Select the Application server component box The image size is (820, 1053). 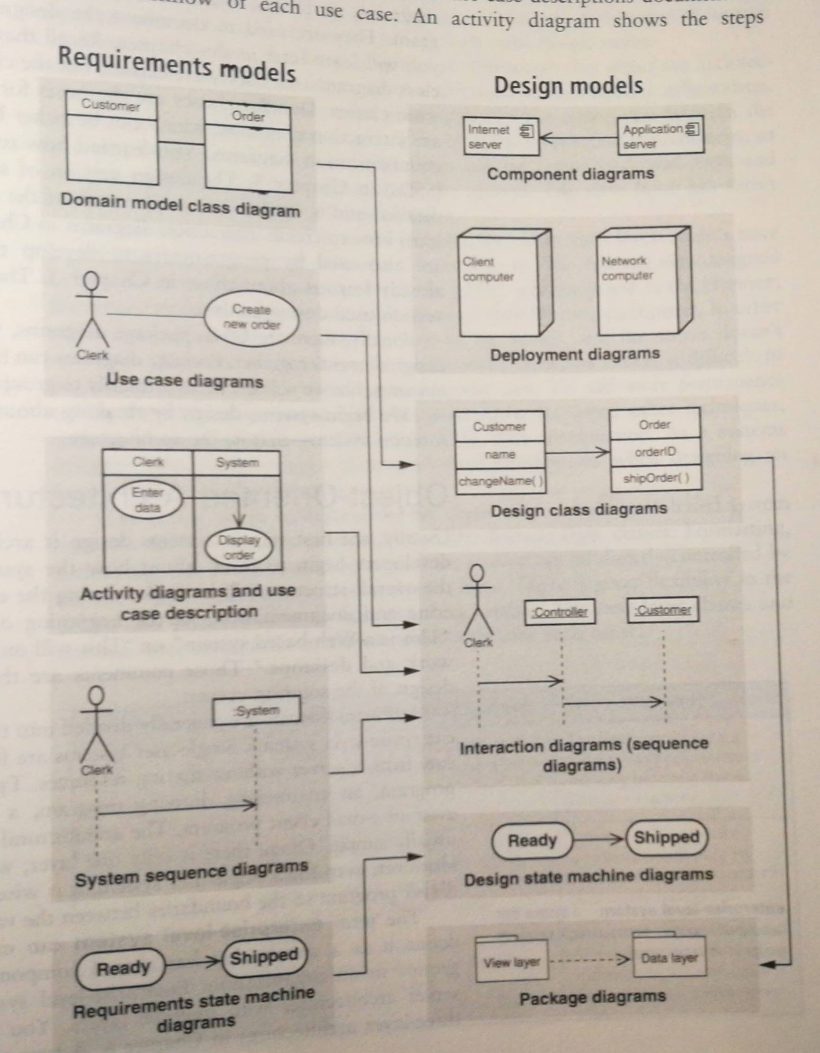[x=660, y=136]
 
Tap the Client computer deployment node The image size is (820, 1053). [x=500, y=289]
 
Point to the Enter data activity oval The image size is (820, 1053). [x=147, y=501]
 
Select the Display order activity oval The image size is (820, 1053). [x=239, y=548]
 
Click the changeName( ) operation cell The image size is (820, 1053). [x=499, y=481]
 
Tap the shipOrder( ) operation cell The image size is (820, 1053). [x=655, y=478]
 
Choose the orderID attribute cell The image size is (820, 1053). [x=655, y=452]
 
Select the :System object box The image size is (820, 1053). [x=256, y=711]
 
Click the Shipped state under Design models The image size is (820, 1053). [x=666, y=837]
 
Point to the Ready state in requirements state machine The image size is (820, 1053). [x=122, y=968]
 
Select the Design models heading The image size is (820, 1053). [x=568, y=86]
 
